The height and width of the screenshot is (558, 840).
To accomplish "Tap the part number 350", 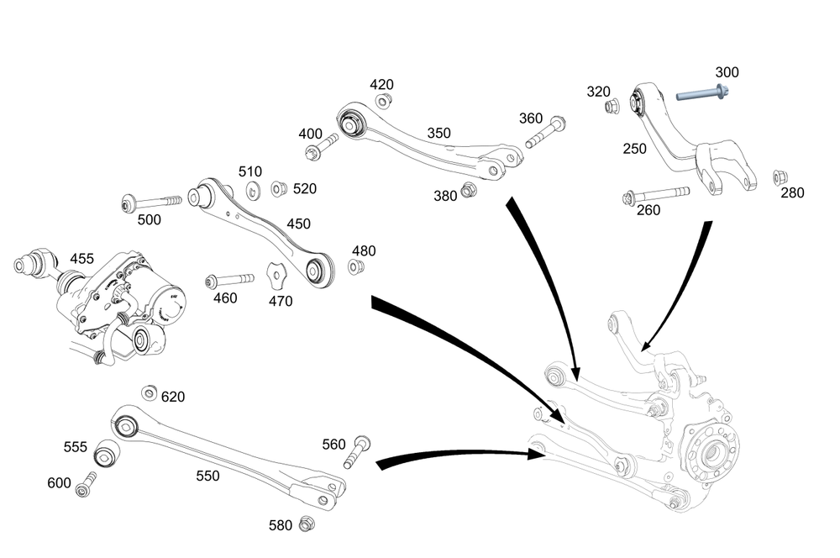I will click(x=438, y=133).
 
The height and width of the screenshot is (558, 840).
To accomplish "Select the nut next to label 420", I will click(x=383, y=102).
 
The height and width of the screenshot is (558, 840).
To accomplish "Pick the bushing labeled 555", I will click(x=105, y=455).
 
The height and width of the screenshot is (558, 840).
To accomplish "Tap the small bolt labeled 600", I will click(x=86, y=485).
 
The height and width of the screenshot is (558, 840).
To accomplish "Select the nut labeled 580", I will click(x=307, y=523).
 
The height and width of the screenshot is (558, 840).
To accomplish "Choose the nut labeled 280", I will click(x=779, y=177).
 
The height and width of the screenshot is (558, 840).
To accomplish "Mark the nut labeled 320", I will click(x=613, y=107).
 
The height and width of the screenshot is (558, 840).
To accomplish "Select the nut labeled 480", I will click(x=355, y=267).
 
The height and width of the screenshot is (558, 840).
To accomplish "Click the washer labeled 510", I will click(x=252, y=191).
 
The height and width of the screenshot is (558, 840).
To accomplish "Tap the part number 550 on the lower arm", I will click(x=207, y=476).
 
